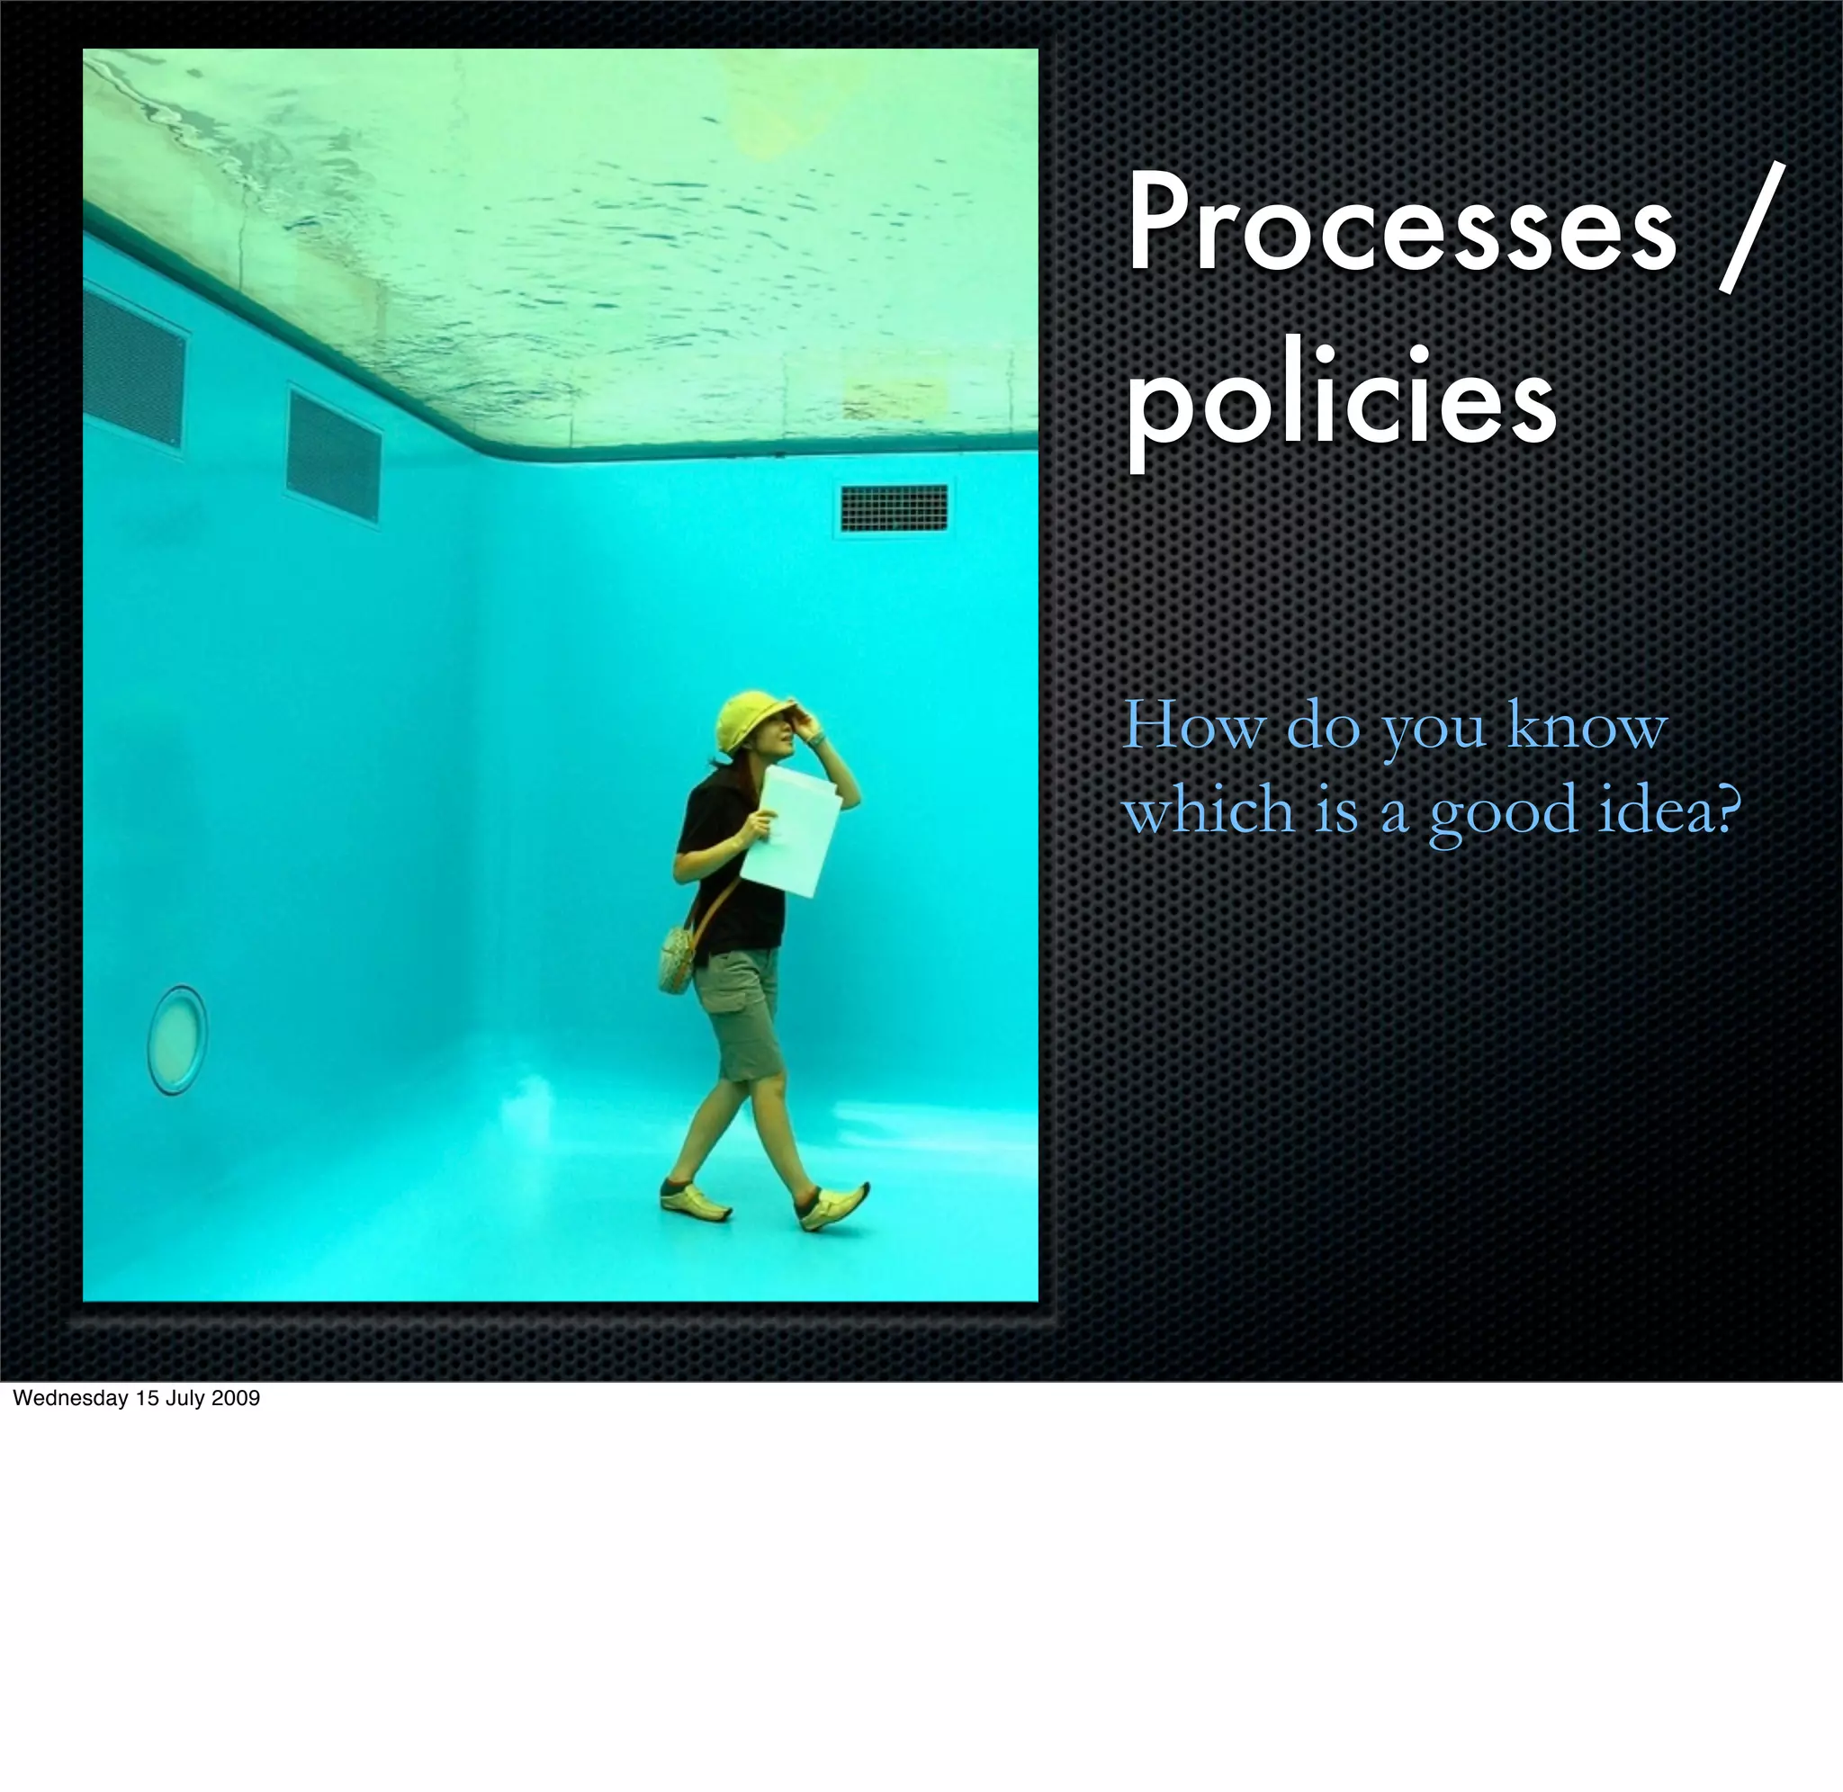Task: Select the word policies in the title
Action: tap(1340, 403)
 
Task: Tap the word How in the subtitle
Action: tap(1193, 725)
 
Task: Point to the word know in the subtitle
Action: tap(1587, 725)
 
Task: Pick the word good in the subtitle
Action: tap(1502, 811)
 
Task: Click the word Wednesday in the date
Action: tap(69, 1399)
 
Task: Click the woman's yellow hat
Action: tap(750, 720)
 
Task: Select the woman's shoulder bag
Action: tap(677, 957)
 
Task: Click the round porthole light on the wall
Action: tap(177, 1039)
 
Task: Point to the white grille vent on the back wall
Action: tap(894, 508)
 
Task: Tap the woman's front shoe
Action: tap(832, 1206)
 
